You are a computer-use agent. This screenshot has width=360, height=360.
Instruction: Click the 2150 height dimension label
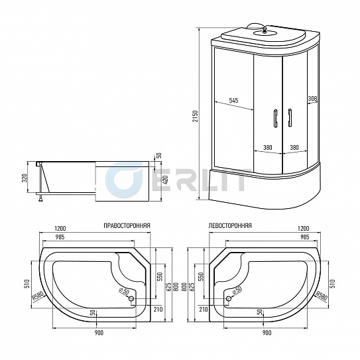(195, 116)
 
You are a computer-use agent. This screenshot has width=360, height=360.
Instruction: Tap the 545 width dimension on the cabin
(233, 100)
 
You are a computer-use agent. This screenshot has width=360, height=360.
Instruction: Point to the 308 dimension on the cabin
(312, 98)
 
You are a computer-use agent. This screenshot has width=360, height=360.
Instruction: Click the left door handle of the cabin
(276, 117)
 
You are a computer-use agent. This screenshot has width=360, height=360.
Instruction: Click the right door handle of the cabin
(289, 117)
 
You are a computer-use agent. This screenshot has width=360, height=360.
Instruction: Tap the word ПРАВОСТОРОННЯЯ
(127, 225)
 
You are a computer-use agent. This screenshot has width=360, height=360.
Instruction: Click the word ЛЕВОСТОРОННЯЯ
(230, 225)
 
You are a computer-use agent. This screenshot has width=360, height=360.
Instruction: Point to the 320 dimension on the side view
(25, 177)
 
